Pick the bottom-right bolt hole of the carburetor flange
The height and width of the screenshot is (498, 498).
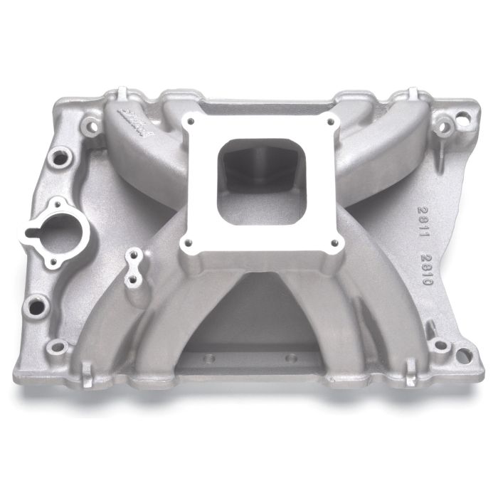tap(334, 243)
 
